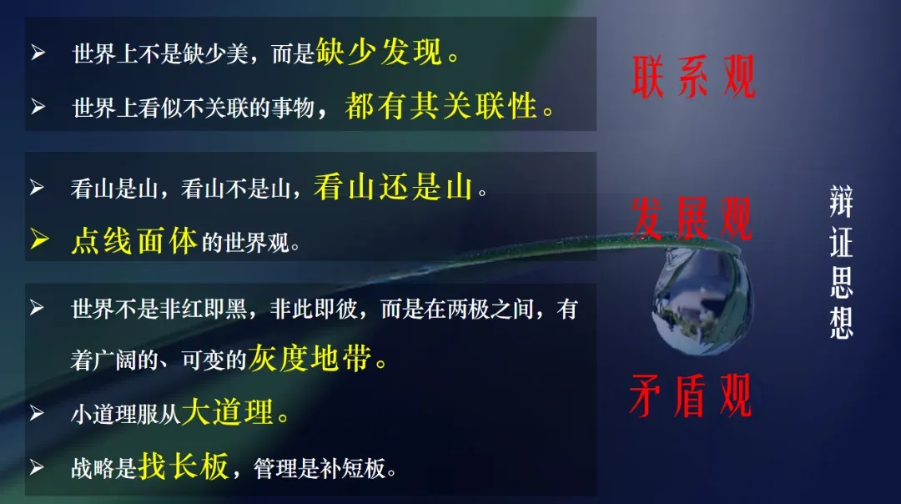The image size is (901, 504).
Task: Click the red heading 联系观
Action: (x=693, y=77)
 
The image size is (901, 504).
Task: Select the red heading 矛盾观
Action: (x=690, y=396)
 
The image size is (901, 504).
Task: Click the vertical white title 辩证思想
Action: (x=841, y=261)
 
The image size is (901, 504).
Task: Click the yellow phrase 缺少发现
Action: (x=380, y=52)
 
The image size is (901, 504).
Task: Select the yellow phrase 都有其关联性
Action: (x=441, y=106)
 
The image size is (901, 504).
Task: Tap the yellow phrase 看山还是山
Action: (x=393, y=188)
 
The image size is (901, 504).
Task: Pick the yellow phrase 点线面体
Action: (x=134, y=241)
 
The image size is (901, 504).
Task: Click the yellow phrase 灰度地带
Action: (x=310, y=359)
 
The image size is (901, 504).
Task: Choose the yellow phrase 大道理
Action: (x=228, y=412)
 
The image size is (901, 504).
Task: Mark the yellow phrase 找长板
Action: (x=184, y=466)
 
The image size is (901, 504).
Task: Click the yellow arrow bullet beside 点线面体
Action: (x=40, y=239)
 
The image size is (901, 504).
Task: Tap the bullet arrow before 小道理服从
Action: (x=37, y=413)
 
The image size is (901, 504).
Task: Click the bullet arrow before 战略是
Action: (x=37, y=467)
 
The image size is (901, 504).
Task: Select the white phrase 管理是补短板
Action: (x=320, y=468)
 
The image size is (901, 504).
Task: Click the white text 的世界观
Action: (x=245, y=243)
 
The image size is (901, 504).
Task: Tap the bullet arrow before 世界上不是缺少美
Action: (x=38, y=53)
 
